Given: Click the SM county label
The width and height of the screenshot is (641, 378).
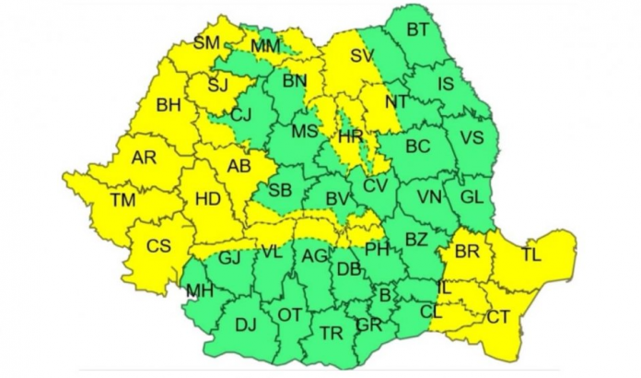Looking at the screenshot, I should click(x=207, y=42).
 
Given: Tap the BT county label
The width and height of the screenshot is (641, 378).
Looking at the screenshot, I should click(x=417, y=30).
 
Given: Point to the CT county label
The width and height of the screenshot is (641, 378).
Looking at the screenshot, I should click(x=498, y=316).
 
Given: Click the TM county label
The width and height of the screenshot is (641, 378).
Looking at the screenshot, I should click(x=122, y=199).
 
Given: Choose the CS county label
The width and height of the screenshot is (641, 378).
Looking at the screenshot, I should click(x=158, y=246).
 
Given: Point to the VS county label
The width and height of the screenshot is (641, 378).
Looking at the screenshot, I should click(x=471, y=137).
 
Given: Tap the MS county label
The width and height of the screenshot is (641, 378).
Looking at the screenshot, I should click(x=305, y=132).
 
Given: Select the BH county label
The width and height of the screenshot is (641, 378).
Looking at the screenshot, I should click(x=169, y=106).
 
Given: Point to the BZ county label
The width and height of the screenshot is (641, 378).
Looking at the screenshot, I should click(x=416, y=240).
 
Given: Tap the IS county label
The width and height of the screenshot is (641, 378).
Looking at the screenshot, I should click(x=446, y=85).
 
